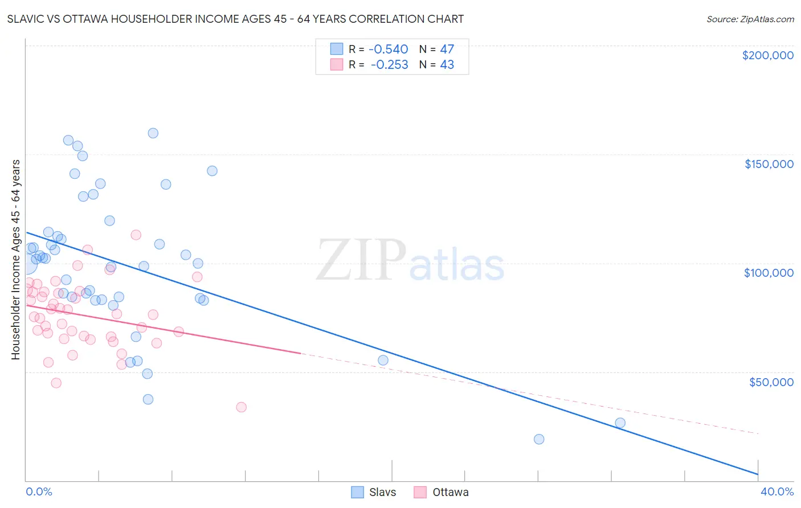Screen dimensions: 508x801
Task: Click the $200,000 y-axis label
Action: tap(767, 55)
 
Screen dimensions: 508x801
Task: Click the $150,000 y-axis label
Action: tap(769, 164)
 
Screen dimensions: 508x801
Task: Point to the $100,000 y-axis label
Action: tap(769, 273)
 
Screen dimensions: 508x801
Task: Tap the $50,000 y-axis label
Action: tap(771, 382)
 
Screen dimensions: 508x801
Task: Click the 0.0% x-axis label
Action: tap(39, 491)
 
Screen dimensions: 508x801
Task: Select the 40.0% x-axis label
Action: tap(777, 491)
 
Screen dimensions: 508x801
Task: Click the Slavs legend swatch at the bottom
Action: tap(357, 492)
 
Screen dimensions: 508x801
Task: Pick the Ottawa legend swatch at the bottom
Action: tap(420, 492)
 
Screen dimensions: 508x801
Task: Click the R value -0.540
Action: tap(389, 49)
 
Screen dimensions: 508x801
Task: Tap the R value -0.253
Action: tap(389, 65)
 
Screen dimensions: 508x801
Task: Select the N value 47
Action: tap(447, 49)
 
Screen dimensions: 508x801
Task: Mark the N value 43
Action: tap(447, 65)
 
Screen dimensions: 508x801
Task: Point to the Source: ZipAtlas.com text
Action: tap(750, 19)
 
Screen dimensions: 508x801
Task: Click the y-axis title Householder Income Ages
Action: tap(15, 259)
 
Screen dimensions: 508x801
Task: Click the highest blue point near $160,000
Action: tap(153, 133)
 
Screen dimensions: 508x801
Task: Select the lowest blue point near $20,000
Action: tap(539, 439)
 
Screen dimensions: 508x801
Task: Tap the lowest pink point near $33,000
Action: tap(241, 407)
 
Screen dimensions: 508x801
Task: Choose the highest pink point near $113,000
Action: tap(136, 235)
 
